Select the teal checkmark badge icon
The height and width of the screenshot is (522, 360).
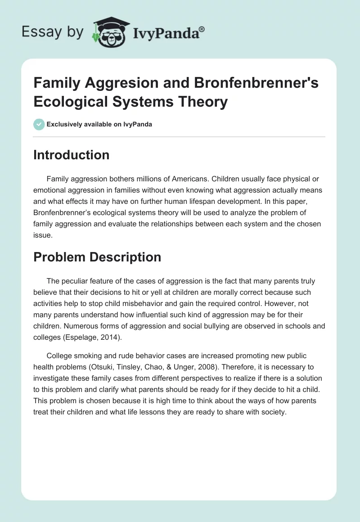[39, 124]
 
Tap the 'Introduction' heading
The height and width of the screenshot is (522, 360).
[72, 155]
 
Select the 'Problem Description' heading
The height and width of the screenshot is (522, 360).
[97, 257]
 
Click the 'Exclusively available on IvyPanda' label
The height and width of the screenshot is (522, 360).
[99, 124]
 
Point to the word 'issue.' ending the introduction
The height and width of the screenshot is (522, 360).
[43, 234]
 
